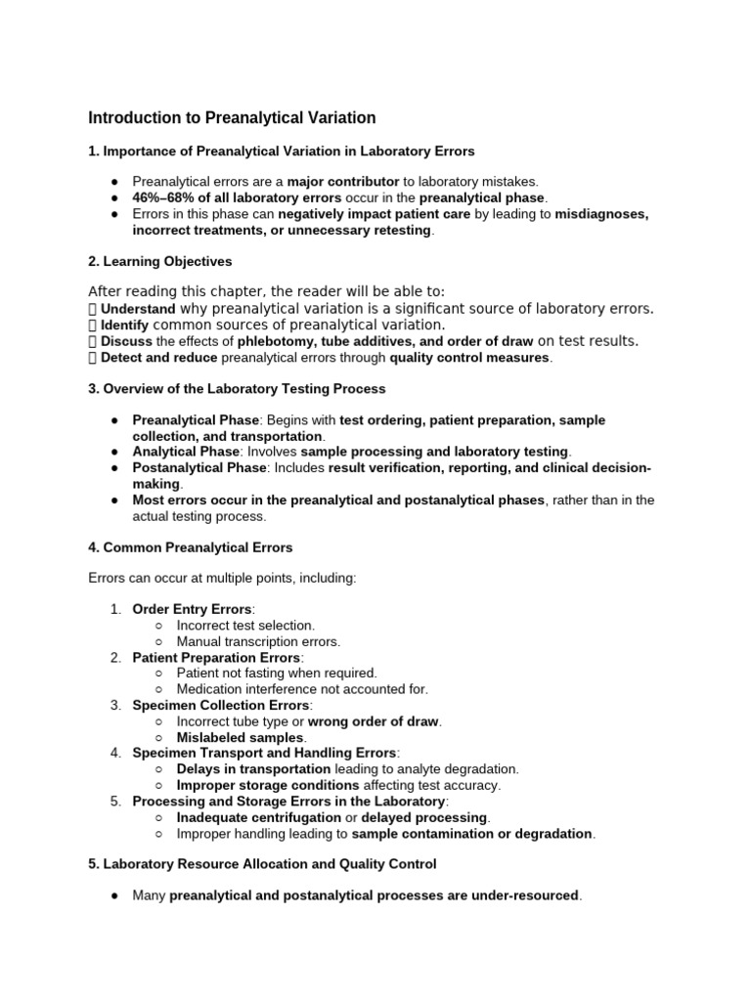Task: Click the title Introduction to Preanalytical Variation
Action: tap(232, 118)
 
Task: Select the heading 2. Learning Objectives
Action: tap(160, 262)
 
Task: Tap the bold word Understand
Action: tap(139, 309)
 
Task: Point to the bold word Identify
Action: tap(125, 325)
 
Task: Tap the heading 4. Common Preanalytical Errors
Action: tap(190, 547)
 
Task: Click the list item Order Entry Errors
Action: tap(192, 609)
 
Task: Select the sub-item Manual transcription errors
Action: tap(258, 641)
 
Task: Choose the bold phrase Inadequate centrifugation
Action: tap(258, 817)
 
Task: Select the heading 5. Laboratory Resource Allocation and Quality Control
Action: tap(262, 864)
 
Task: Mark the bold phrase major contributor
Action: tap(343, 181)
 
